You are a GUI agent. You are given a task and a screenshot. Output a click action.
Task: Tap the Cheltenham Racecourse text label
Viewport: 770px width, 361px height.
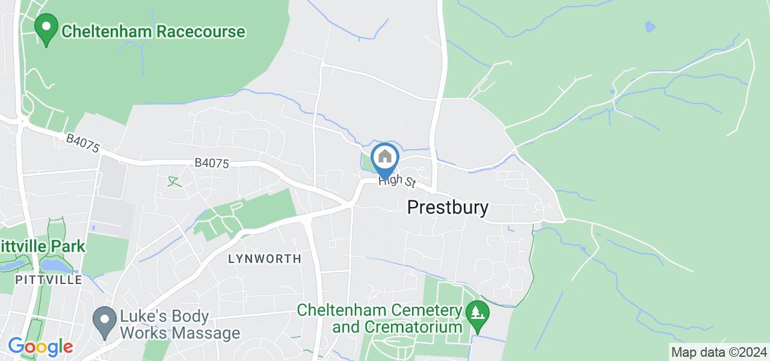coord(153,31)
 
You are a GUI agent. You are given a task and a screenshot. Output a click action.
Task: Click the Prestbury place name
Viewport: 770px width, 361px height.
coord(448,208)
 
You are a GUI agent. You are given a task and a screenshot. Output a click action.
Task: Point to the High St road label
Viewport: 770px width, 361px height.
coord(397,181)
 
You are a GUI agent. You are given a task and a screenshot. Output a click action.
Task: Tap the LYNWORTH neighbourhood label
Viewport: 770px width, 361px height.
coord(265,259)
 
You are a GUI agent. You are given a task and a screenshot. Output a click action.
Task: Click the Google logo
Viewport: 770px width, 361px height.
coord(40,347)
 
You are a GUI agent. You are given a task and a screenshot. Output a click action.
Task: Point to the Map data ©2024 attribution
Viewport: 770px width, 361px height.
coord(719,352)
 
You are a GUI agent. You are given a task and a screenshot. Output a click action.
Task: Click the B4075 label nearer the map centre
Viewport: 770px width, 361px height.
coord(211,163)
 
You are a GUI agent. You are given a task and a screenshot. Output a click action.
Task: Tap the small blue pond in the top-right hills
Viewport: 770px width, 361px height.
coord(649,26)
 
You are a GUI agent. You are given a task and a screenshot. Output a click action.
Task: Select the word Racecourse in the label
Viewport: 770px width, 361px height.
coord(202,31)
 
